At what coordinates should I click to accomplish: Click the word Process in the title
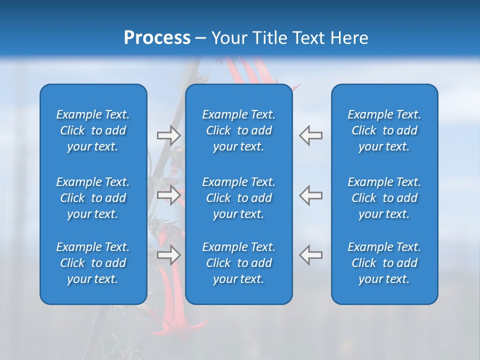click(x=157, y=38)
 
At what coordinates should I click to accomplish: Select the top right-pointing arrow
click(x=168, y=135)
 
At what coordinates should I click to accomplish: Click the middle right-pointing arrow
click(x=168, y=195)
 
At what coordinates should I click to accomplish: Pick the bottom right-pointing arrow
click(x=168, y=255)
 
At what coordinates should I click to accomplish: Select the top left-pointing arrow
click(x=311, y=135)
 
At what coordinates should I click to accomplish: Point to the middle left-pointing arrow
click(x=311, y=195)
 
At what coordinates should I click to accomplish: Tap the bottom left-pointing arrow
click(x=311, y=255)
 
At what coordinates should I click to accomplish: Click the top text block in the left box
click(x=93, y=130)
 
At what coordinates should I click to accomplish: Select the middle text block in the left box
click(x=93, y=198)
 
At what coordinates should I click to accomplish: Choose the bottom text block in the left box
click(x=93, y=263)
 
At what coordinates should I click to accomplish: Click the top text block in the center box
click(x=238, y=130)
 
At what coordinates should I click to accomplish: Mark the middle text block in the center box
click(x=238, y=198)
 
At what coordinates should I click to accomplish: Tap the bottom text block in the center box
click(x=238, y=263)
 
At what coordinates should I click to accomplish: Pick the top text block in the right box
click(x=384, y=130)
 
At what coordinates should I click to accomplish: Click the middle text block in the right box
click(x=384, y=198)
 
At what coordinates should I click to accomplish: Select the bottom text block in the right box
click(x=384, y=263)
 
